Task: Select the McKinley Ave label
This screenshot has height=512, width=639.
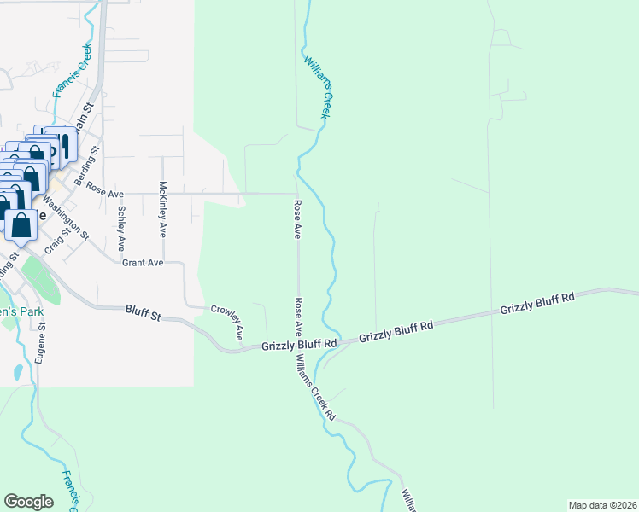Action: (162, 209)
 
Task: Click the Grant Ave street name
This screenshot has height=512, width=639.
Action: (142, 263)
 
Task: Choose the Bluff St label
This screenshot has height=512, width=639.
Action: (143, 314)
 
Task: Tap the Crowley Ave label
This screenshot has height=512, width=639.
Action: (229, 320)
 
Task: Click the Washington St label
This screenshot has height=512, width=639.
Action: (67, 215)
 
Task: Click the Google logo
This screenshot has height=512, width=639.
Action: (28, 502)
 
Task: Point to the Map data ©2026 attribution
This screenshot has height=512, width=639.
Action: (602, 505)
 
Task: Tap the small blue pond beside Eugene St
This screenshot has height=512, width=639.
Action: (18, 373)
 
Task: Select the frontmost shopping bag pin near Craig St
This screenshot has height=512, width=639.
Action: (21, 226)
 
